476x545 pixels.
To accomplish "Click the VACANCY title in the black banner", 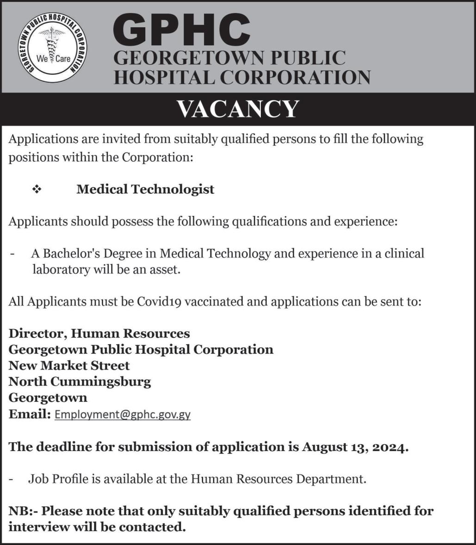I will coord(238,109).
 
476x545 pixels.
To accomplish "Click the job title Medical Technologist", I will coord(145,189).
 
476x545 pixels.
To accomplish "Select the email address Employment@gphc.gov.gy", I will coord(123,414).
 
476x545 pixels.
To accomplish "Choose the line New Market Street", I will coord(69,366).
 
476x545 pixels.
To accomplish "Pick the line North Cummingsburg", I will coord(80,382).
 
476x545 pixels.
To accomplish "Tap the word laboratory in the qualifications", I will coord(61,269).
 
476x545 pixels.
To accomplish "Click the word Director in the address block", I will coord(37,333).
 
